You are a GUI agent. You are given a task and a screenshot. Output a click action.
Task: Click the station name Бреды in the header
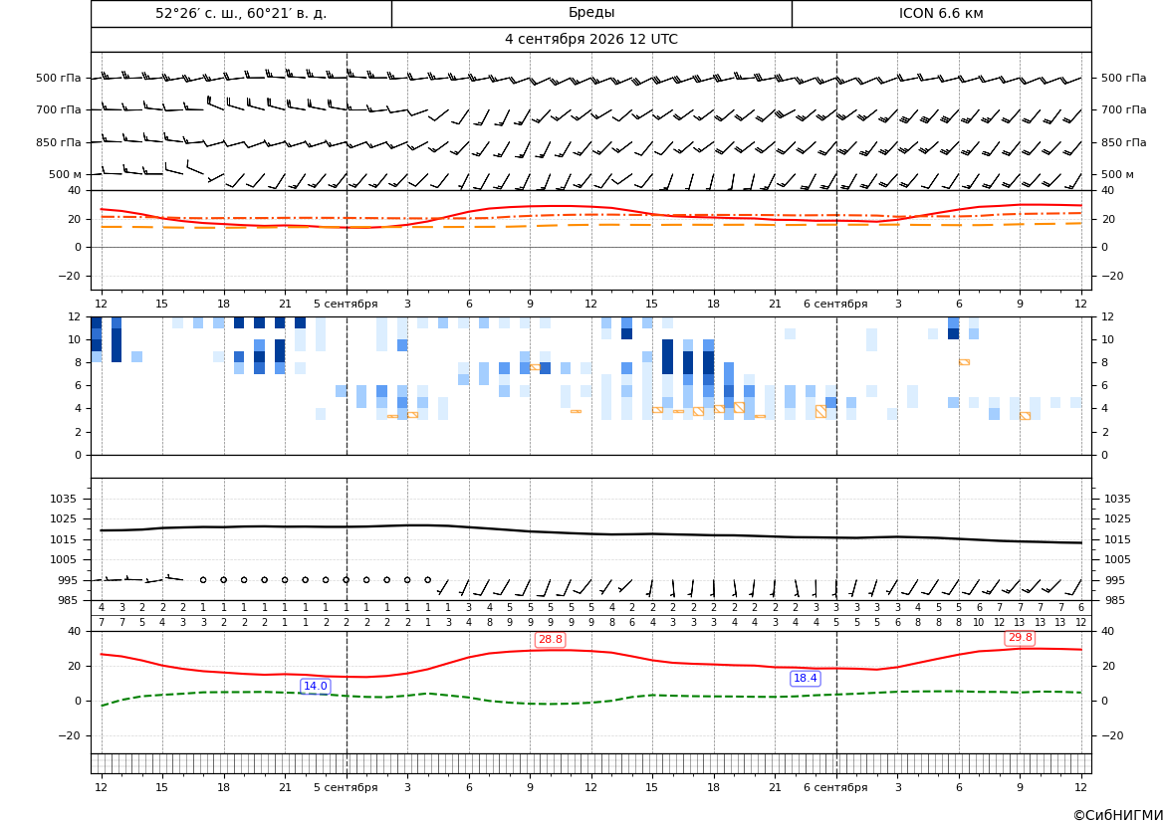coord(590,13)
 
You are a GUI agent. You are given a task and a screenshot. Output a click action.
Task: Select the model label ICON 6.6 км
coord(941,13)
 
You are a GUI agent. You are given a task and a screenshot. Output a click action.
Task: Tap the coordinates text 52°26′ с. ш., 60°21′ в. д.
coord(241,13)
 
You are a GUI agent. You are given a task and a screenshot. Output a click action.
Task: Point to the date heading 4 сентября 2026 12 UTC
coord(590,40)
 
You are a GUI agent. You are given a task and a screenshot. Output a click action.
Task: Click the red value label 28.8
coord(550,639)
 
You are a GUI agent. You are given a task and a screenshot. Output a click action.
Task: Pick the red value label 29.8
coord(1020,638)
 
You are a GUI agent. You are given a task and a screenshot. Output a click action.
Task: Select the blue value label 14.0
coord(315,686)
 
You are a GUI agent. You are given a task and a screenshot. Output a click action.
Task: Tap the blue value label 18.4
coord(805,678)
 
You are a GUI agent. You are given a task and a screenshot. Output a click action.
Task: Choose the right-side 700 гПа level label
coord(1123,109)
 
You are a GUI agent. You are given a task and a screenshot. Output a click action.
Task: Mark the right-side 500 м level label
coord(1117,174)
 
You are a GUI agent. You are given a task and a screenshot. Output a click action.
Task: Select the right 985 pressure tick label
coord(1113,600)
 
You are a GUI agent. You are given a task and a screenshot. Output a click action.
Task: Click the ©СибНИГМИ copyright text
coord(1117,815)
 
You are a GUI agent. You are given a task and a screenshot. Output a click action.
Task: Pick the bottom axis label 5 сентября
coord(346,787)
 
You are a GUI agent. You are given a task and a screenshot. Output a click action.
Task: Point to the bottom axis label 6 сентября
coord(835,787)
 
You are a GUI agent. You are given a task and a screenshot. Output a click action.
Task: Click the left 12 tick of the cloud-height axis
coord(75,316)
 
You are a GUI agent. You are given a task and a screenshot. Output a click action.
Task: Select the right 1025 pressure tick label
coord(1118,518)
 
